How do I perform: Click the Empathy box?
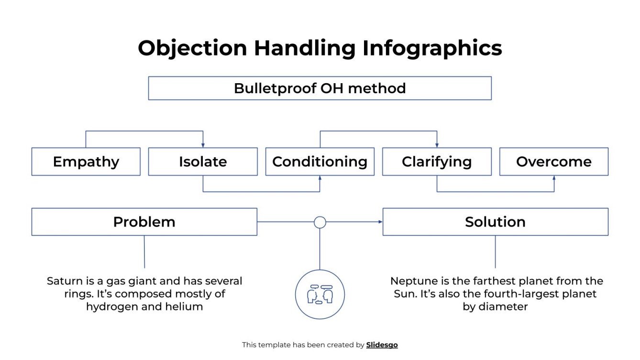86,162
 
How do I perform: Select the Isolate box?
203,162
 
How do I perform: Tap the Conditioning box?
320,162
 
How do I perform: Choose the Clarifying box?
437,162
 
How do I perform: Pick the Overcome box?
554,162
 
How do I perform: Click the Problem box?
144,222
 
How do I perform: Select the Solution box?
495,222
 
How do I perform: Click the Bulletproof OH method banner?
320,88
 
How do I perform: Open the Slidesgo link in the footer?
382,345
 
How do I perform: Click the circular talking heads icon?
320,295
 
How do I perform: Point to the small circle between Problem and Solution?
320,222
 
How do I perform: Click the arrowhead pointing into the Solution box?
380,222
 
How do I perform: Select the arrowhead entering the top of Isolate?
203,145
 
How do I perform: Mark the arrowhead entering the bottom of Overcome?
554,178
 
